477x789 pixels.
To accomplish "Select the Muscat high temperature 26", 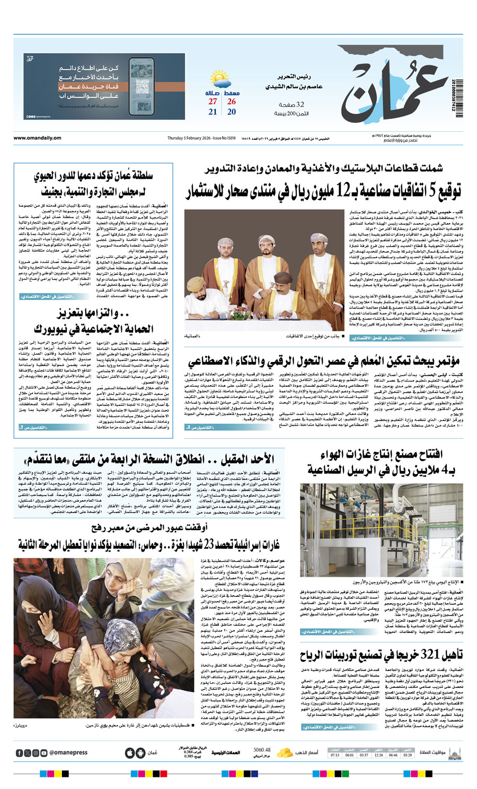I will (x=232, y=102).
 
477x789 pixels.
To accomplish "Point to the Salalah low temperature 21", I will (x=213, y=112).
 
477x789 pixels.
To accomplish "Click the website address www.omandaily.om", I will (x=37, y=138).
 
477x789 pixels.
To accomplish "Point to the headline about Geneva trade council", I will (x=93, y=183).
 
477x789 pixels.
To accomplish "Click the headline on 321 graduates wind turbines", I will (x=382, y=655).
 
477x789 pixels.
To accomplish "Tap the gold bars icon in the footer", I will (x=285, y=752).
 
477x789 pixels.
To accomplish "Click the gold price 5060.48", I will (x=262, y=750).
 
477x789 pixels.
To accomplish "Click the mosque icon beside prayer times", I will (x=454, y=752).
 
